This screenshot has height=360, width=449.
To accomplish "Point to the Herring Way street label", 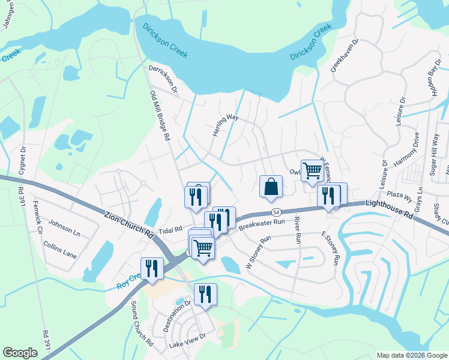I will (226, 125).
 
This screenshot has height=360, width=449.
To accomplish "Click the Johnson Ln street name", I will (65, 226).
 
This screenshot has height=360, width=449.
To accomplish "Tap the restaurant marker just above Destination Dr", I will (205, 295).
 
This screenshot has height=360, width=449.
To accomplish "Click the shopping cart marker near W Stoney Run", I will (203, 247).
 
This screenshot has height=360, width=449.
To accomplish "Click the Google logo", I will (20, 353).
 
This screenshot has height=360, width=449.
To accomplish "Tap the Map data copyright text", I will (411, 355).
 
